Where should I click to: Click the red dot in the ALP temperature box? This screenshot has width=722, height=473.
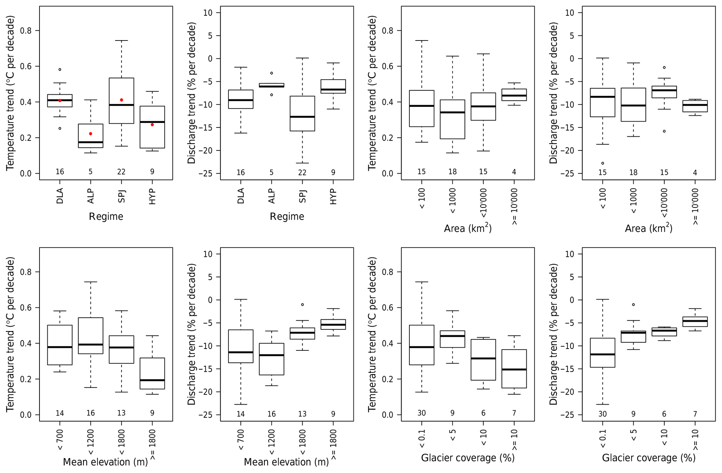tap(90, 134)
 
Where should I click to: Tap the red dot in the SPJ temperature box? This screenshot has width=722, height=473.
tap(121, 100)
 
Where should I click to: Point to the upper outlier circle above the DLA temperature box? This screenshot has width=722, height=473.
tap(60, 70)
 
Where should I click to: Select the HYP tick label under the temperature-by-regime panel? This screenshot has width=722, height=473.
tap(152, 196)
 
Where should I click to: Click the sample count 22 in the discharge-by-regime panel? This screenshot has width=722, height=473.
tap(302, 172)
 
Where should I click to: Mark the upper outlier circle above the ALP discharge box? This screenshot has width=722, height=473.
tap(271, 73)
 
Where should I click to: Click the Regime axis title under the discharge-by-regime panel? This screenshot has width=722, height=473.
tap(287, 217)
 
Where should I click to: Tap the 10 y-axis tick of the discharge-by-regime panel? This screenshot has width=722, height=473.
tap(207, 13)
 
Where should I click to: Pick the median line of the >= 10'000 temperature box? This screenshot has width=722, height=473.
tap(514, 95)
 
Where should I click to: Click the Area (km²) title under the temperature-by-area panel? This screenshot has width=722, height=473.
tap(468, 228)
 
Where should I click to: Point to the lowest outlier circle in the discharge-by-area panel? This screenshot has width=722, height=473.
tap(603, 163)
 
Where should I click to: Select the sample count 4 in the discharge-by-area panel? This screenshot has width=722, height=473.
tap(695, 172)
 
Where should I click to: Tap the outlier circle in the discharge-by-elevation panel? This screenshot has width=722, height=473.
tap(302, 305)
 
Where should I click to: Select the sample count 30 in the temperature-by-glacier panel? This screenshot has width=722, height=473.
tap(422, 413)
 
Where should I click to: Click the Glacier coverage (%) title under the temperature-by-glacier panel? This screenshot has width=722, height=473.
tap(468, 458)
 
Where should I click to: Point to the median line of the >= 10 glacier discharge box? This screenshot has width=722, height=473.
tap(695, 321)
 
